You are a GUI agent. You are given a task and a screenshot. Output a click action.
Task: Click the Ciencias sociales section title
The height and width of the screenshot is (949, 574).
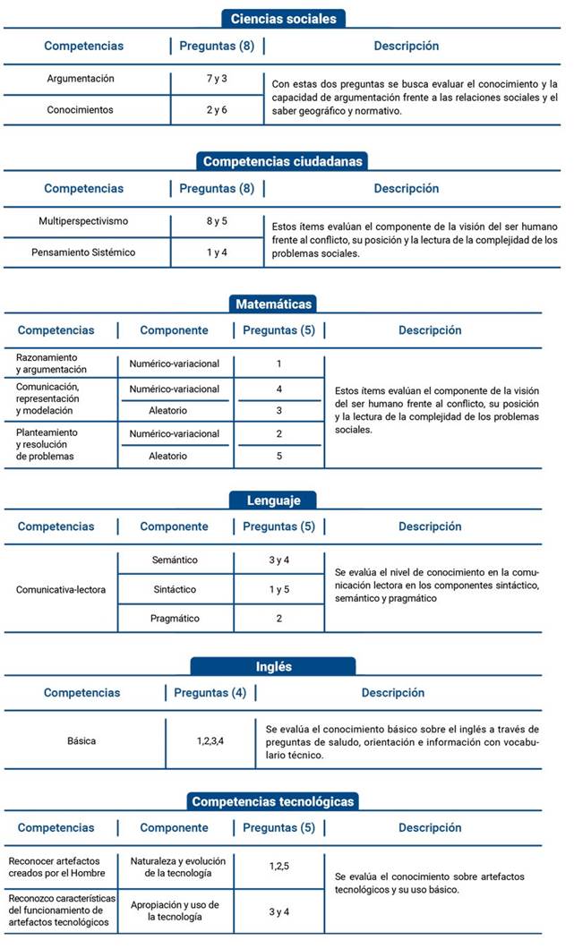tap(283, 18)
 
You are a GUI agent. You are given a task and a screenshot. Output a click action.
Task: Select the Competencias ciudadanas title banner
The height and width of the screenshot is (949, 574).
tap(283, 161)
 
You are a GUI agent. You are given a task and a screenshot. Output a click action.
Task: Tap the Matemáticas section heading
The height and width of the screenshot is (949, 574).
tap(274, 304)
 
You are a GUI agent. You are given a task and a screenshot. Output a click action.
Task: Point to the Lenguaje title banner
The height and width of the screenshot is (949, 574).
tap(274, 500)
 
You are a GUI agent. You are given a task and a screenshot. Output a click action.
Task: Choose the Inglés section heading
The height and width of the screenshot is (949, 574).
tap(273, 667)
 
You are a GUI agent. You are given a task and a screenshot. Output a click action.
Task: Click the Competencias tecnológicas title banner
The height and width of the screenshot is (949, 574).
tap(273, 801)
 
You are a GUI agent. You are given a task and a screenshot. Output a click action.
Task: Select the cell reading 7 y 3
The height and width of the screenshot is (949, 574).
tap(217, 79)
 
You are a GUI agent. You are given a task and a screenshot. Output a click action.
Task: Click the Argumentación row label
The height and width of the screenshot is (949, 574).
tap(81, 79)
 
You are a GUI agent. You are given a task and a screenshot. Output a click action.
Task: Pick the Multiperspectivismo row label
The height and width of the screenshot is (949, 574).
tap(83, 221)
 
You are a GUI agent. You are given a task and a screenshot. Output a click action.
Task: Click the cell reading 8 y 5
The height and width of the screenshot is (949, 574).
tap(217, 221)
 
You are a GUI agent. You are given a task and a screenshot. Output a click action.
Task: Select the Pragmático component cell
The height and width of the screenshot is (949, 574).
tap(175, 619)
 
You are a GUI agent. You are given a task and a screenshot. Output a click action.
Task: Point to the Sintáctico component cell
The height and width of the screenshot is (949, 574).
tap(175, 590)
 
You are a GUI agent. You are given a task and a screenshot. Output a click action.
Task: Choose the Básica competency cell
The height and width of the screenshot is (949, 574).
tap(81, 741)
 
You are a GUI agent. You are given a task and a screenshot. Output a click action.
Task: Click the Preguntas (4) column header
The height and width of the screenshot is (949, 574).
tap(210, 693)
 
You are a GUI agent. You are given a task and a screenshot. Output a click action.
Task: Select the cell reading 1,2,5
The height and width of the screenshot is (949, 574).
tap(278, 867)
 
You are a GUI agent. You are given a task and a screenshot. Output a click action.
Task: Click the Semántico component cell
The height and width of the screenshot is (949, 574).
tap(175, 560)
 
